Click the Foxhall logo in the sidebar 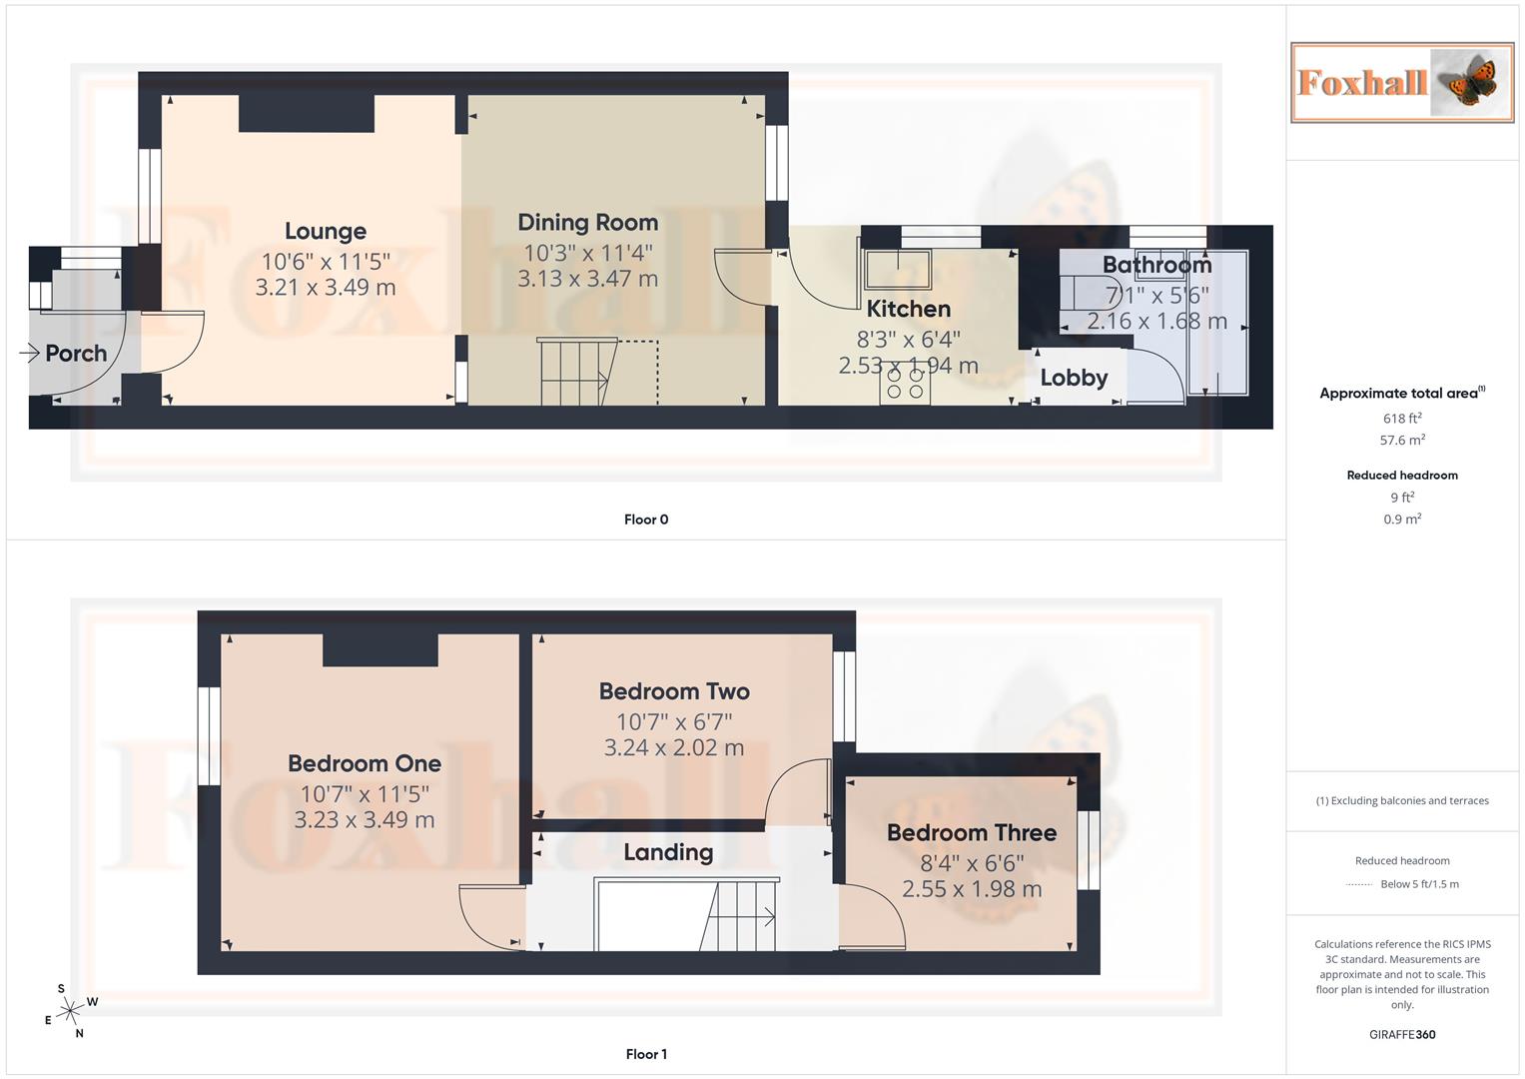point(1401,83)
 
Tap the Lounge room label point(326,232)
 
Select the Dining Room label point(587,223)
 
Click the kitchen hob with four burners point(905,383)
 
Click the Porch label point(76,354)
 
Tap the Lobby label point(1074,378)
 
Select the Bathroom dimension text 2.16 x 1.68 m point(1156,322)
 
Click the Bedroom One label point(365,764)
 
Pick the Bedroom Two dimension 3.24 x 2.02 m point(674,748)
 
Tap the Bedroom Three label point(971,833)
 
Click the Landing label point(668,852)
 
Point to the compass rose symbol point(69,1012)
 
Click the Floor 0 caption point(646,520)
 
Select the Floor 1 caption point(646,1054)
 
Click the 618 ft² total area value point(1401,419)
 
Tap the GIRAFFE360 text point(1401,1035)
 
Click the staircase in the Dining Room point(576,373)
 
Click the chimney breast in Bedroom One point(381,650)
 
